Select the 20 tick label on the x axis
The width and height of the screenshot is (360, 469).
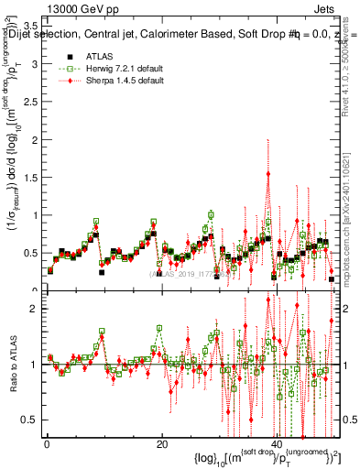point(161,444)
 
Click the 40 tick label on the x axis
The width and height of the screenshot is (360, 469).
point(277,444)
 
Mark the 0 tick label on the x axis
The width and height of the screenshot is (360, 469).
point(46,444)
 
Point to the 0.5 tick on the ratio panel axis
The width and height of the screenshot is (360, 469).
point(32,420)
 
